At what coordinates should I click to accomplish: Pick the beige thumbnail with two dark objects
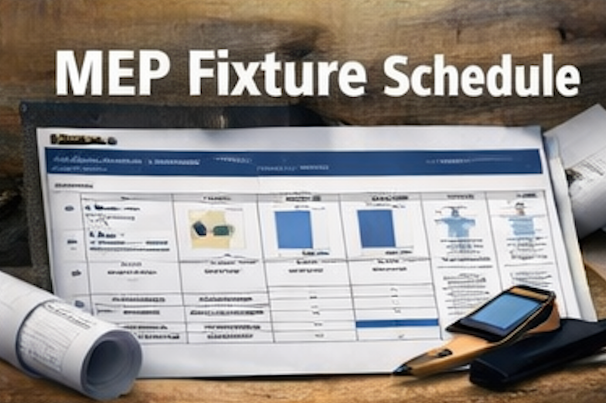point(213,229)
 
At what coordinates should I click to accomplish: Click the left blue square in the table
point(294,229)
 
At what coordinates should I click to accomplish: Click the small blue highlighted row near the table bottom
point(397,323)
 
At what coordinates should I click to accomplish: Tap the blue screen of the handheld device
point(506,310)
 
